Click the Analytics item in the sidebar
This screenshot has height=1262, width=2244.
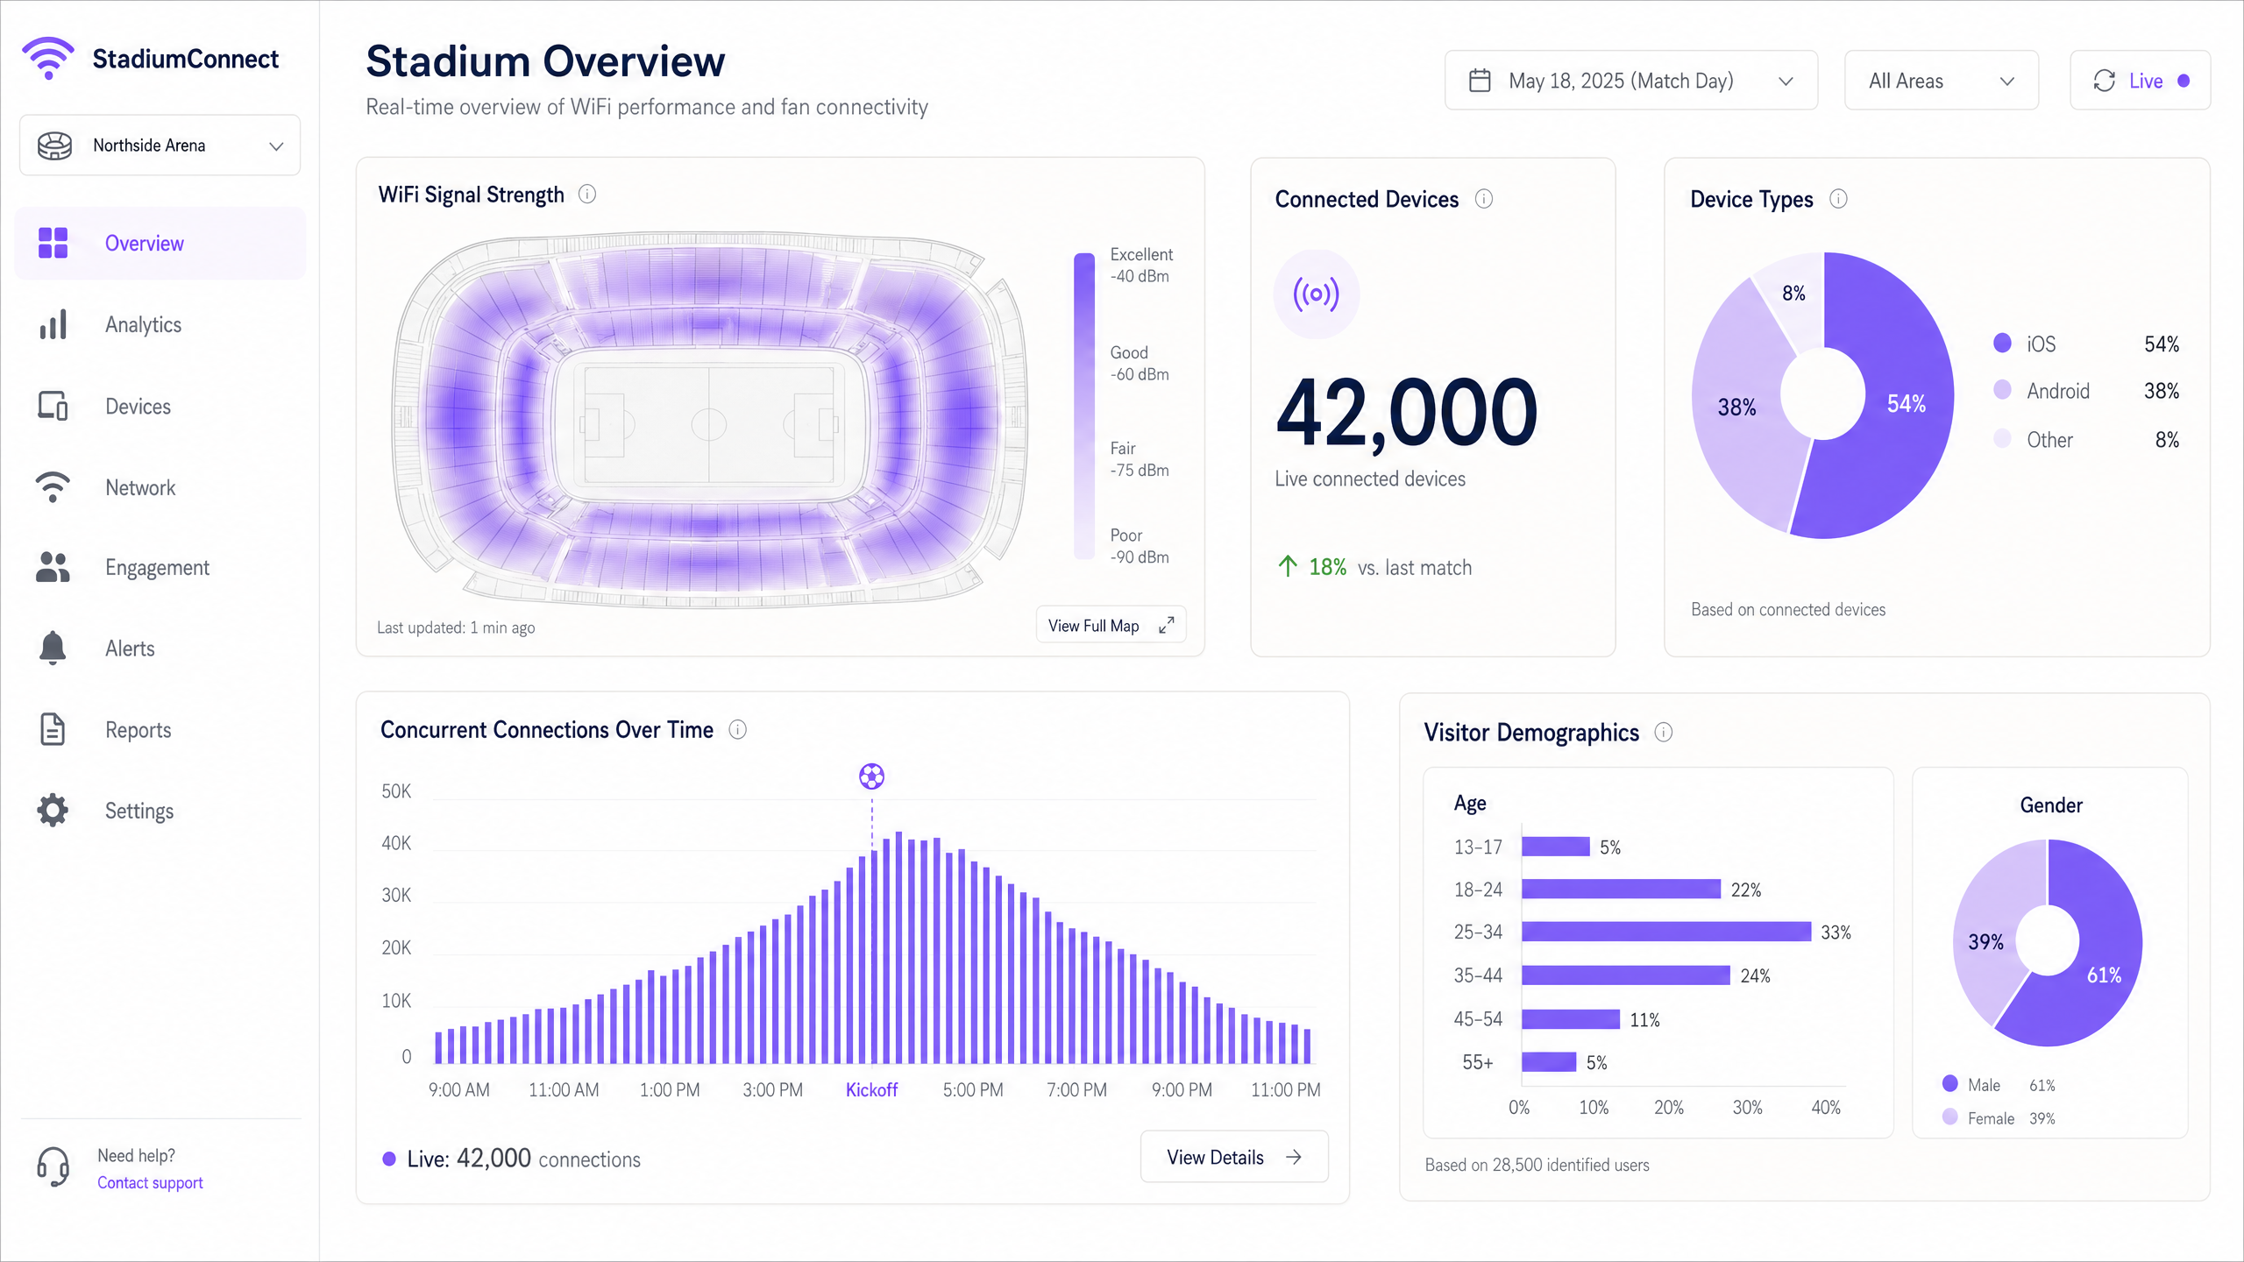(143, 325)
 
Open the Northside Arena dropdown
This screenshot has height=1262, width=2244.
(160, 145)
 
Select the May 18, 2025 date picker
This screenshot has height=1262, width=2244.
(1630, 81)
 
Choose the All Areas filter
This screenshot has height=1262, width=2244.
(1941, 81)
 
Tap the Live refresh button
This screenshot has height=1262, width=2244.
(2139, 81)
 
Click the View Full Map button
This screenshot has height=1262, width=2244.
(1110, 626)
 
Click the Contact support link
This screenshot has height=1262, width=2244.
(150, 1183)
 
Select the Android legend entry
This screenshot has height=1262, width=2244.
(2056, 391)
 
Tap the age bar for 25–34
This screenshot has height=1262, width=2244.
(1665, 932)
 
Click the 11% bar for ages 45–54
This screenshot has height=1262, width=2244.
(1570, 1019)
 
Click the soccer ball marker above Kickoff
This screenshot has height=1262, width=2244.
(871, 776)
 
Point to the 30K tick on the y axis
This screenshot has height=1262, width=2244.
(396, 896)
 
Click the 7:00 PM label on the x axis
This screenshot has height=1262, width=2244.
(1076, 1090)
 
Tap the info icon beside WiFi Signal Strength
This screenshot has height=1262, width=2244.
(587, 195)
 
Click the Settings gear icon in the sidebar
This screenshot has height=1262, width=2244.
(53, 811)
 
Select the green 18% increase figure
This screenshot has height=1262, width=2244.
(1327, 568)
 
